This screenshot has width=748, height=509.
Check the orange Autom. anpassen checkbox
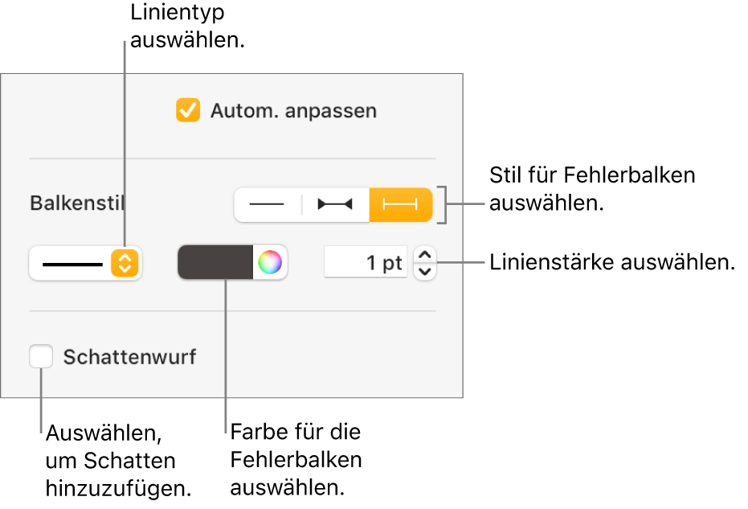click(188, 110)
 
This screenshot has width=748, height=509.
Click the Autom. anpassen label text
click(293, 111)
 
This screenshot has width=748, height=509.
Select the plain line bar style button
click(268, 205)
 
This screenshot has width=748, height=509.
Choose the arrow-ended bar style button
click(335, 205)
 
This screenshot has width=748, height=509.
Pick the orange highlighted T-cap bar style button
click(401, 205)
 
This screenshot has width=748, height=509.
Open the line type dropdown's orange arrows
click(125, 263)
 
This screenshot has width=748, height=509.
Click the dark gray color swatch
click(215, 263)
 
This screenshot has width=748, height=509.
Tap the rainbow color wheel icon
click(270, 263)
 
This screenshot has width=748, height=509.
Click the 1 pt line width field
click(366, 263)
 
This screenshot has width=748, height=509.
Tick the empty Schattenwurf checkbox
click(41, 356)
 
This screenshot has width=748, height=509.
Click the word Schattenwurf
click(129, 357)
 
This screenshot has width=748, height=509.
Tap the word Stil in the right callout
click(505, 175)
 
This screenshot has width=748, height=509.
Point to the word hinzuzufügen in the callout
click(118, 487)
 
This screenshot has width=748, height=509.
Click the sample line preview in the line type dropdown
click(72, 264)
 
